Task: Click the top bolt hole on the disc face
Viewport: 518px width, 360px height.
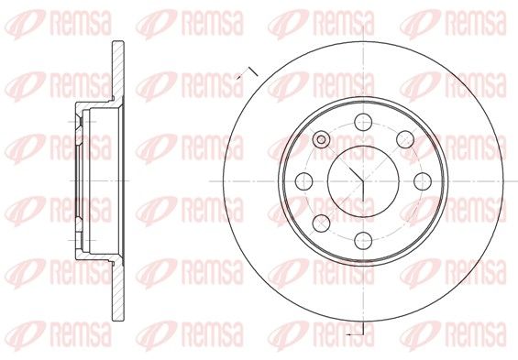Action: pyautogui.click(x=363, y=122)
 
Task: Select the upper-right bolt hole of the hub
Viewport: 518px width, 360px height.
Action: pyautogui.click(x=405, y=139)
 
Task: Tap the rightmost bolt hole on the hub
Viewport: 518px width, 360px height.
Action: pyautogui.click(x=423, y=181)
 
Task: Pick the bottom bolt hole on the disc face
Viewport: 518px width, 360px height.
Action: pyautogui.click(x=363, y=241)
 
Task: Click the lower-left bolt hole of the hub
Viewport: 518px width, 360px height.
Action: pyautogui.click(x=321, y=224)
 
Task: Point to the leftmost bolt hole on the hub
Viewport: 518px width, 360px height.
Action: pyautogui.click(x=303, y=181)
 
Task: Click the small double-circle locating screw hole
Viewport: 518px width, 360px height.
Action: pyautogui.click(x=321, y=139)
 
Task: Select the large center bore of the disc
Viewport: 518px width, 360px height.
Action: pyautogui.click(x=363, y=181)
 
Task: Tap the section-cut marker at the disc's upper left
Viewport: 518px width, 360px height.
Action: pyautogui.click(x=248, y=73)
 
